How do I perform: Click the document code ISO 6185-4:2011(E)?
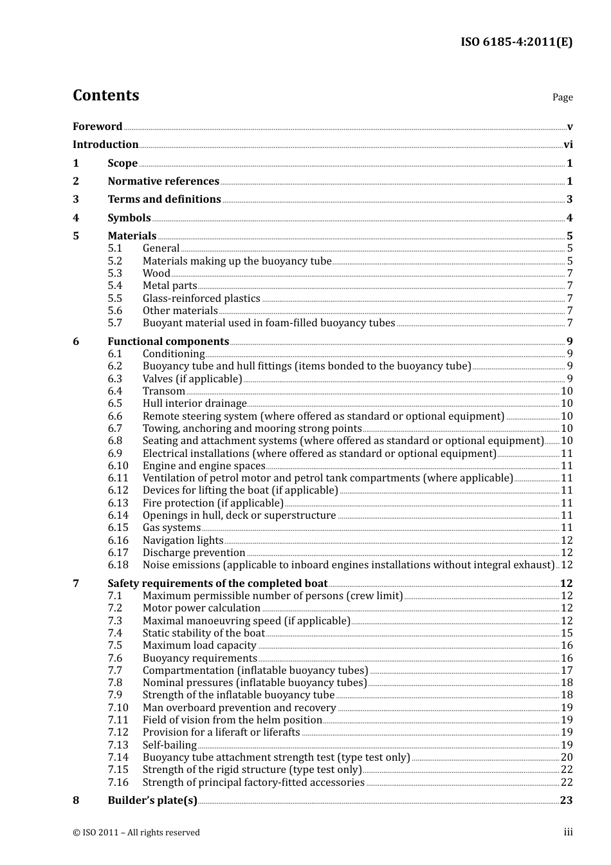[516, 42]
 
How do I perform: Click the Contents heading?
[105, 95]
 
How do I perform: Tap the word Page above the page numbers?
[562, 97]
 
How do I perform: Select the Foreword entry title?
[97, 127]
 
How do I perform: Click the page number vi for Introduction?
[568, 145]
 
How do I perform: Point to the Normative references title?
[163, 181]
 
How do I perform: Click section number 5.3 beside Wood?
[114, 274]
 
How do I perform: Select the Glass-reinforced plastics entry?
[201, 299]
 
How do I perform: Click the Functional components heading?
[168, 342]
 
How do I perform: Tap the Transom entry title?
[163, 391]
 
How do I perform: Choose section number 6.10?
[118, 466]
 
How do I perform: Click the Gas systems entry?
[171, 528]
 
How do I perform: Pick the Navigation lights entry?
[183, 541]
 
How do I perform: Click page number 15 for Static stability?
[567, 633]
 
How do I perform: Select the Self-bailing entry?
[169, 745]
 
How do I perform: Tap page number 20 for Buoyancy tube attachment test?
[567, 758]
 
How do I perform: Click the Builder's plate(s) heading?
[152, 801]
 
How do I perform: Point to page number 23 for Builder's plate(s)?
[566, 801]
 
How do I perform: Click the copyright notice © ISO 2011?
[136, 833]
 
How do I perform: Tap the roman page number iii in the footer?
[568, 832]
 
